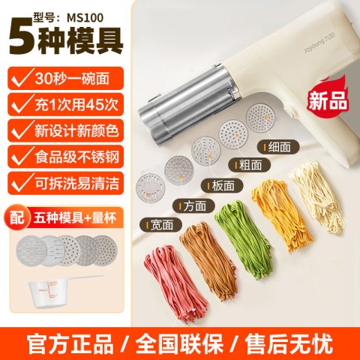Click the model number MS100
coord(85,18)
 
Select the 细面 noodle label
coord(278,147)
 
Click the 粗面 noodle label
coord(250,165)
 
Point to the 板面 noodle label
coord(222,186)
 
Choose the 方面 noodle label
coord(194,206)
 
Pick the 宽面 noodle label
coord(161,224)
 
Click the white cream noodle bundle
coord(317,197)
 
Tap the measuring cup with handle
coord(58,291)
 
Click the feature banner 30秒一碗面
coord(66,78)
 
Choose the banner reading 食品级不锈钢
coord(66,157)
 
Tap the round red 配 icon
coord(17,218)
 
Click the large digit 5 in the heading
coord(21,37)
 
